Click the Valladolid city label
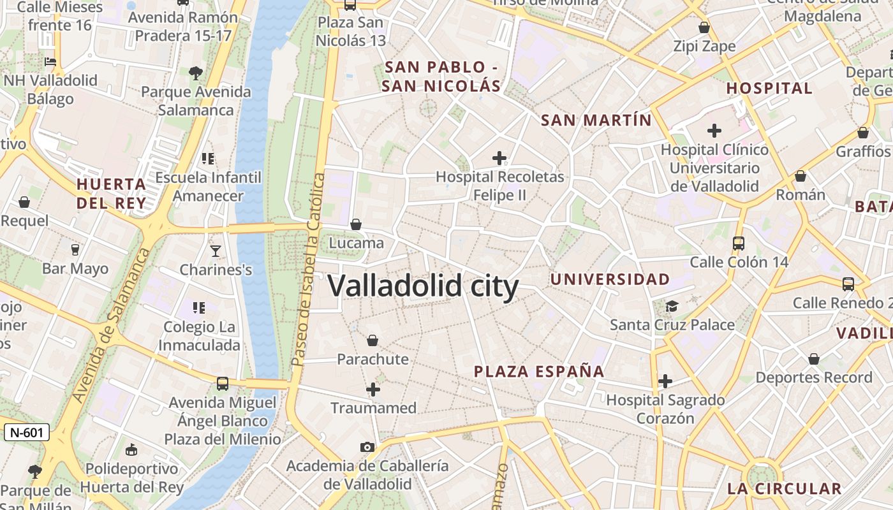(x=423, y=286)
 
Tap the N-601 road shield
(x=27, y=432)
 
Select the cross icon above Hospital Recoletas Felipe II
(x=499, y=157)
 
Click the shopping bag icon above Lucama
(x=356, y=224)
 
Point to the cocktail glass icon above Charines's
(x=216, y=251)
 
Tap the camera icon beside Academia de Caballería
(x=367, y=447)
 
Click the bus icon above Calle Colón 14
(x=739, y=243)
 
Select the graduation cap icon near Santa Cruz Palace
(x=672, y=307)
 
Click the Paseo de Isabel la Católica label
(x=309, y=269)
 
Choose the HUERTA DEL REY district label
(x=112, y=194)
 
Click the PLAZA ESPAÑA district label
(x=539, y=372)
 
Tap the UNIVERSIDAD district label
(x=610, y=279)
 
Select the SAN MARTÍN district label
(x=596, y=120)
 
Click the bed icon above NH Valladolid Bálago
(x=50, y=62)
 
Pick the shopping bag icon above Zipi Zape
(x=704, y=27)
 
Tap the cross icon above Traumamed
(x=373, y=389)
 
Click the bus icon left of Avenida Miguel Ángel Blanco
(x=222, y=384)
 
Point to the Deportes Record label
(x=813, y=377)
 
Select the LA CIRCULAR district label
(x=785, y=489)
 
